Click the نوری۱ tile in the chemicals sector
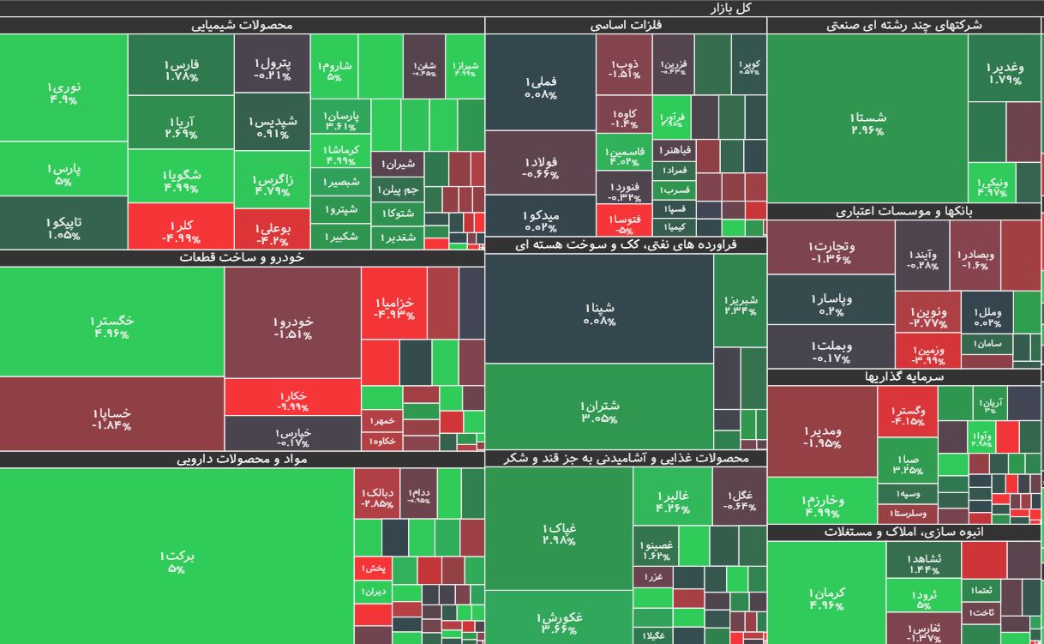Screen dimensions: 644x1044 [63, 92]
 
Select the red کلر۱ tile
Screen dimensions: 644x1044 [180, 231]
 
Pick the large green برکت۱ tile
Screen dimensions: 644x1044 [176, 562]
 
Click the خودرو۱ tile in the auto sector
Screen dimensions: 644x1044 [292, 327]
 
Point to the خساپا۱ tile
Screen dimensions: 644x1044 [111, 418]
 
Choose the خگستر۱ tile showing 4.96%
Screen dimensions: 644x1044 [111, 326]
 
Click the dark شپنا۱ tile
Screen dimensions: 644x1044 [598, 313]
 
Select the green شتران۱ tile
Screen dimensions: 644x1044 [598, 410]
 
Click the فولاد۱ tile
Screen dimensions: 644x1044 [540, 167]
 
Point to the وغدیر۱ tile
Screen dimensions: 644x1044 [1004, 72]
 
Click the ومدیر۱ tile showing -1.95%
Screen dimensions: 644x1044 [821, 436]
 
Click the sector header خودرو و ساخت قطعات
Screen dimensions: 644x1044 [242, 257]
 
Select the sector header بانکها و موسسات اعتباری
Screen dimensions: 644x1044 [904, 211]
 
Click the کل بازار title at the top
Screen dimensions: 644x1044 [730, 8]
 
